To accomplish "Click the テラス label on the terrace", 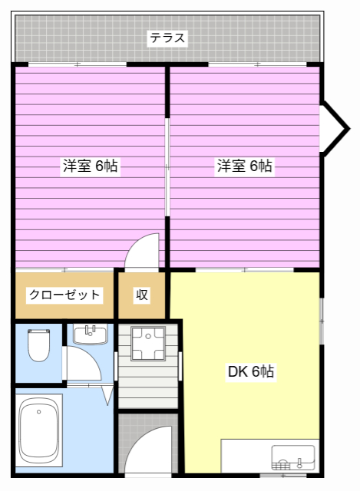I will [x=167, y=37].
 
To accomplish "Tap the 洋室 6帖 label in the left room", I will [x=90, y=165].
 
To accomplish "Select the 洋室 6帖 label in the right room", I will [x=244, y=165].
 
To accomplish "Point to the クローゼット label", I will [x=64, y=295].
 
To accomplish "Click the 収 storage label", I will [x=142, y=295].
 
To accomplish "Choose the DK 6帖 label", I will [x=250, y=372].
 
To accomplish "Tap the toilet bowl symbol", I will [x=38, y=344].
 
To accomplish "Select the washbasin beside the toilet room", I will [x=89, y=334].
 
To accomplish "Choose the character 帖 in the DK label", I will [x=266, y=372].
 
